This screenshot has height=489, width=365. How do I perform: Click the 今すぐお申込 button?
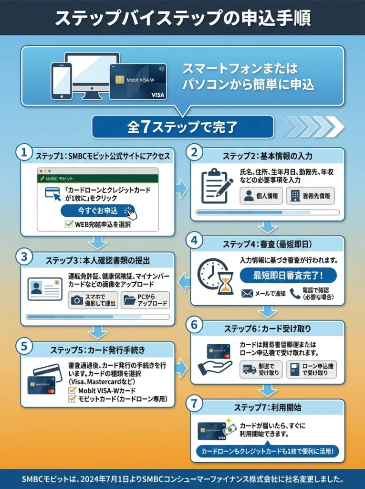click(x=98, y=211)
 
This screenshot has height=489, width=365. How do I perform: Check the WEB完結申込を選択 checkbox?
click(x=68, y=224)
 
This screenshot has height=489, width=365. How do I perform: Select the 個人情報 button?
click(x=261, y=196)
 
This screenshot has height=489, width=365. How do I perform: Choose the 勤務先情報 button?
click(x=310, y=196)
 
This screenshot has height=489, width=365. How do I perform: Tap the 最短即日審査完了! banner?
click(x=288, y=276)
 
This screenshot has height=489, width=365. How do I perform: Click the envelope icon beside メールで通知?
click(x=247, y=293)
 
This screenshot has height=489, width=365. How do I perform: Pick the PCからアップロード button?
click(x=145, y=300)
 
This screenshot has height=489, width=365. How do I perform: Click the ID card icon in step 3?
click(x=45, y=288)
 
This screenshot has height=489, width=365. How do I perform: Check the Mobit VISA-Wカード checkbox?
click(x=73, y=390)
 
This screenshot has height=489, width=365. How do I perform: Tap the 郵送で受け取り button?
click(x=261, y=369)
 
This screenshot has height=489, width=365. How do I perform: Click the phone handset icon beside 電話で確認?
click(x=295, y=293)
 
